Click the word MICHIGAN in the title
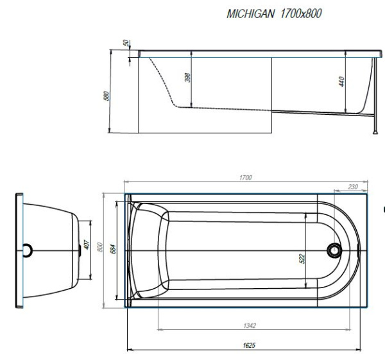tap(250, 13)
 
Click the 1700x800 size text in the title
tap(301, 13)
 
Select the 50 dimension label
tap(126, 43)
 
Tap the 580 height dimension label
tap(106, 96)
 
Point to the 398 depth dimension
tap(187, 78)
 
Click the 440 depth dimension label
tap(341, 81)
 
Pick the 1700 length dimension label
tap(246, 178)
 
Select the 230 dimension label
tap(353, 187)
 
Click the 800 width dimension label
tap(99, 247)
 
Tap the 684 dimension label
tap(113, 249)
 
